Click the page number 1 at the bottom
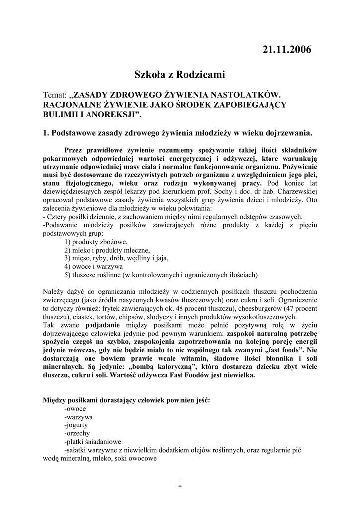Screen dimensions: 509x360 [x=180, y=483]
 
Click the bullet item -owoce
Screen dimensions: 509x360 [x=75, y=408]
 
